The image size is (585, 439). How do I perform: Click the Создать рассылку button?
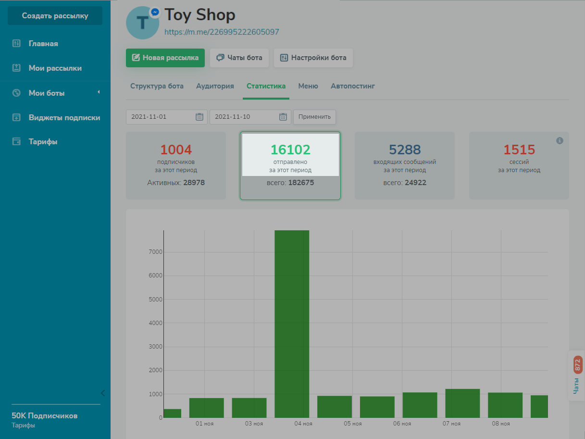(55, 16)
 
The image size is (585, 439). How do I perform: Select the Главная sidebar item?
(43, 44)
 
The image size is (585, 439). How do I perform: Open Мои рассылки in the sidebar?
(55, 68)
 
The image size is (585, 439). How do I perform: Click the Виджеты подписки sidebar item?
(64, 117)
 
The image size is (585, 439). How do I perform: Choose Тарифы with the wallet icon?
(43, 142)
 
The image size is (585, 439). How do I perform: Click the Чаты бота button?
(239, 58)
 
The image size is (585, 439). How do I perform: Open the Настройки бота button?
(313, 58)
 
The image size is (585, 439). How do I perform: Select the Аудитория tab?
(215, 86)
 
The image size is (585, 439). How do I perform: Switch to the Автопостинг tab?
(353, 86)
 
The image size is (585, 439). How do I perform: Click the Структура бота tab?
(157, 86)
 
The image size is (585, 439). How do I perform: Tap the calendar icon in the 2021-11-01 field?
(199, 117)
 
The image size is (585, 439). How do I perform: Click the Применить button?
(314, 117)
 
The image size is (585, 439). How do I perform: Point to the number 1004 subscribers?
(176, 150)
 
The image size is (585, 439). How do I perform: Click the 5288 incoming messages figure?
(405, 150)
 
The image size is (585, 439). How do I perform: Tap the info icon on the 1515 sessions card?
(560, 141)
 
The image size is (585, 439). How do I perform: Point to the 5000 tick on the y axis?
(155, 299)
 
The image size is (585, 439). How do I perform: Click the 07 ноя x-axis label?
(451, 424)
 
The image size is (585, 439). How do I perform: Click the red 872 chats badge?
(578, 365)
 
